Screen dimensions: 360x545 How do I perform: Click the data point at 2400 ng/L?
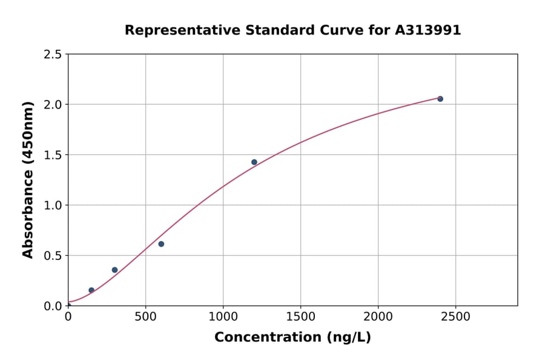(440, 99)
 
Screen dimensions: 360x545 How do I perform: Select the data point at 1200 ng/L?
(254, 162)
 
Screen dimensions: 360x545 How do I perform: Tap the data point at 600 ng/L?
(161, 244)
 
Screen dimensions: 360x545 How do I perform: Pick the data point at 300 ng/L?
(114, 270)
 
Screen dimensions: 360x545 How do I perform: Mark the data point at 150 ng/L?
(91, 290)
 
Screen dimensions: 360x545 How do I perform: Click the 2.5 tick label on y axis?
(53, 55)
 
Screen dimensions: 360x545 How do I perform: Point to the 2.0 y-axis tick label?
(53, 105)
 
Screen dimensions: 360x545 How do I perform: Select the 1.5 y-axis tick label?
(53, 155)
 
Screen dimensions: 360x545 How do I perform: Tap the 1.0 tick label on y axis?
(53, 205)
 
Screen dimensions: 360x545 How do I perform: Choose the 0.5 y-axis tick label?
(53, 256)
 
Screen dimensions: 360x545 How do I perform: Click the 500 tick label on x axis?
(145, 316)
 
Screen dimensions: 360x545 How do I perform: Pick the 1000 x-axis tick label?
(223, 316)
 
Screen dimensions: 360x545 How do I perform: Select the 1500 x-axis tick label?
(300, 316)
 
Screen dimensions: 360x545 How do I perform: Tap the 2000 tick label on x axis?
(378, 316)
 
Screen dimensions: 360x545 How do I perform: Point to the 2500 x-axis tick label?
(455, 316)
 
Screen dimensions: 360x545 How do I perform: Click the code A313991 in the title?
(428, 30)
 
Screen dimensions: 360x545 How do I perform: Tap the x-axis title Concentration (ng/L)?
(292, 338)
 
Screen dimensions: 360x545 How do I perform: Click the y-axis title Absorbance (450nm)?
(28, 179)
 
